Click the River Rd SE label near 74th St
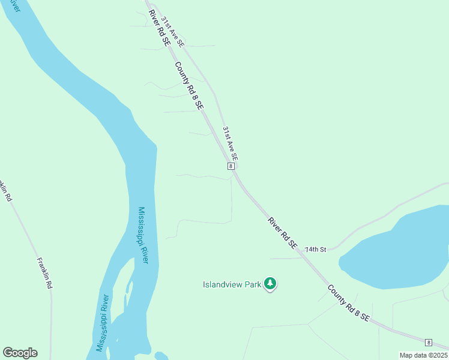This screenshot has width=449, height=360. [x=282, y=233]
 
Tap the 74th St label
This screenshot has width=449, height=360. [x=315, y=249]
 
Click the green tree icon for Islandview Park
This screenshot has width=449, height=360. [x=270, y=283]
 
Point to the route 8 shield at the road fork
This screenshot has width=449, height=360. [x=231, y=166]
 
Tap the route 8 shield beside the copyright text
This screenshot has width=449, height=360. [x=428, y=343]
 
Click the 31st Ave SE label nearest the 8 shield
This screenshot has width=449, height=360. [x=230, y=143]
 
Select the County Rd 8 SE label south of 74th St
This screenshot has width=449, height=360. [x=348, y=304]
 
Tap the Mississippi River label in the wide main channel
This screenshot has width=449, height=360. [x=143, y=236]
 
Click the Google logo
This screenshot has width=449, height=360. [x=20, y=353]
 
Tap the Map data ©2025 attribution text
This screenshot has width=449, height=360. [x=423, y=355]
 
